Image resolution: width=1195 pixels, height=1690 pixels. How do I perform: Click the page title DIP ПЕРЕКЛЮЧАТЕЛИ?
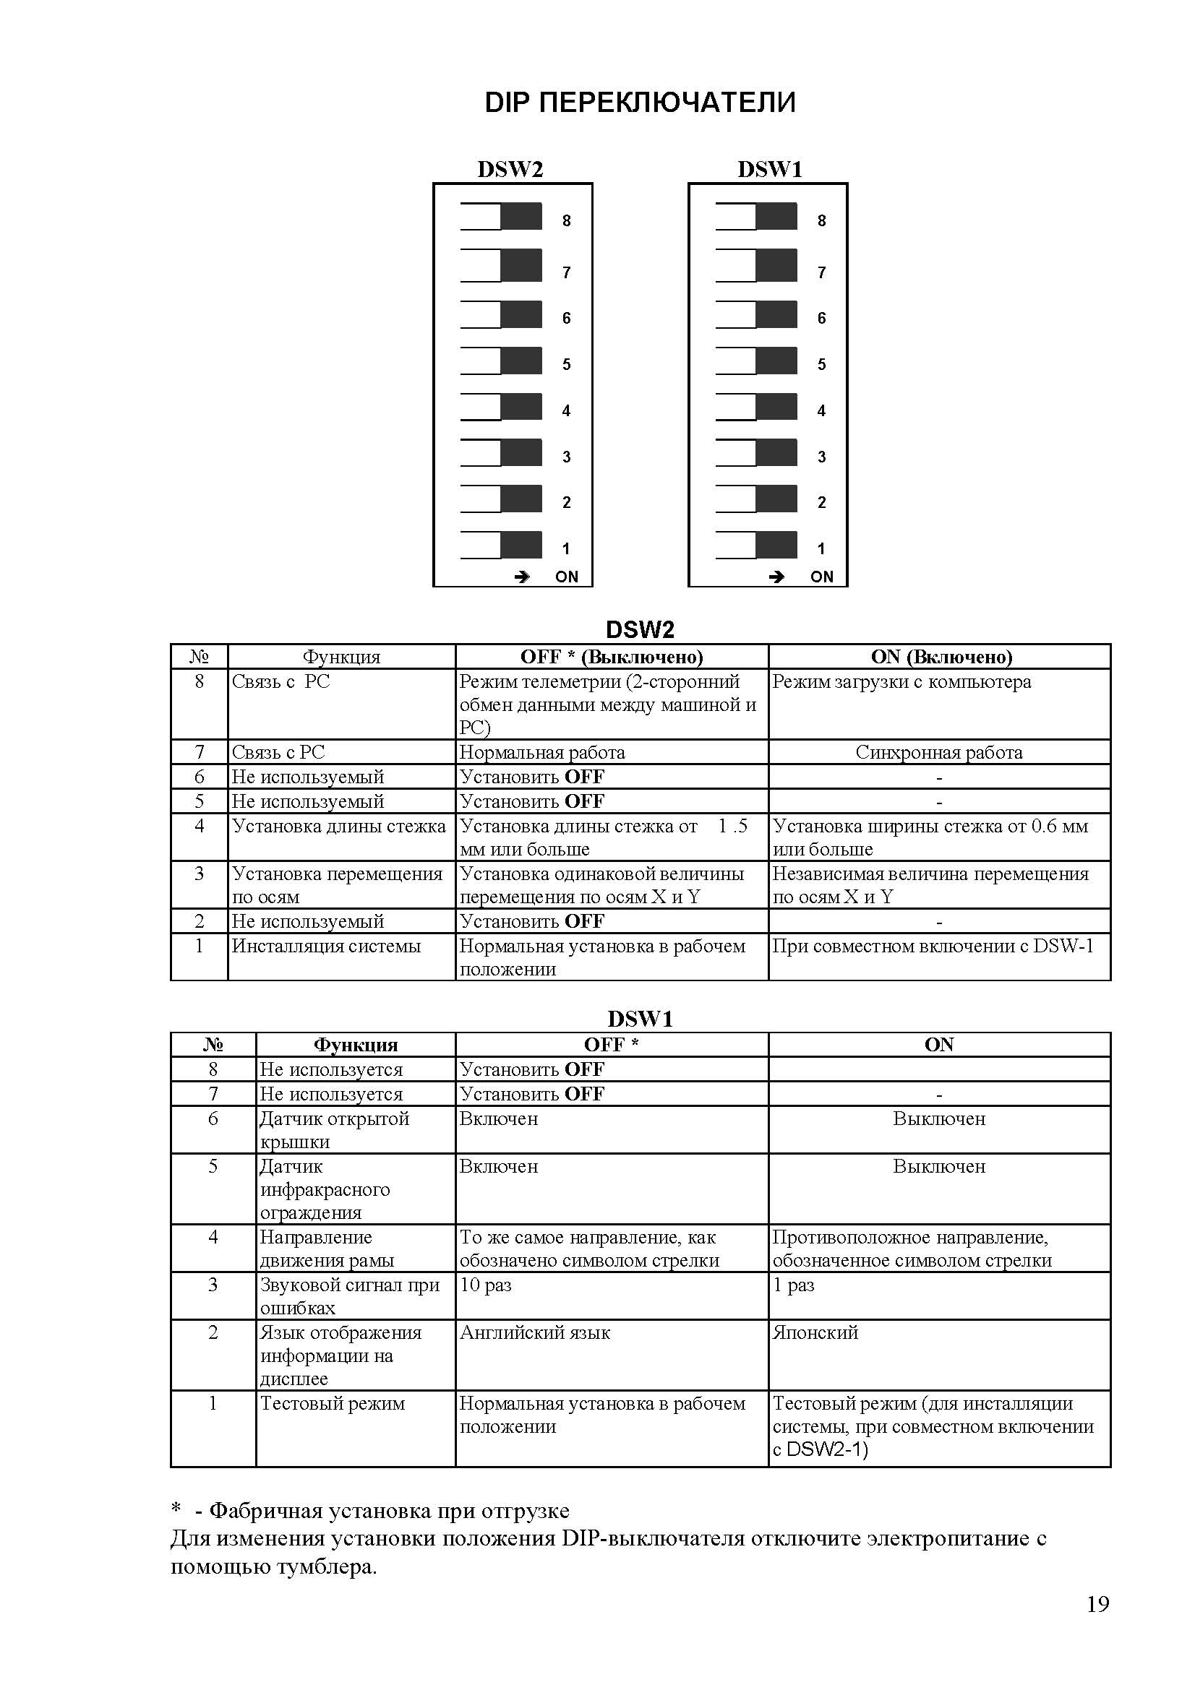[x=639, y=103]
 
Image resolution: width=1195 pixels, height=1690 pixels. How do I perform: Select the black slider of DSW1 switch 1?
[x=776, y=545]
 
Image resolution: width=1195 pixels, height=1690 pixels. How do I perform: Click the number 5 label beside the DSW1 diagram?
[x=822, y=364]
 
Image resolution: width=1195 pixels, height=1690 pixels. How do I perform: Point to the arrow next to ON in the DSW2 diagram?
[x=521, y=577]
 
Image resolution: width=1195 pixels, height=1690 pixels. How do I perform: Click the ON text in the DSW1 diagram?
[x=822, y=577]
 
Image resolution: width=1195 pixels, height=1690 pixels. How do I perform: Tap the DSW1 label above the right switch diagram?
[x=769, y=169]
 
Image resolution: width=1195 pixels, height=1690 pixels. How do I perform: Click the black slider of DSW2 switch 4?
[x=521, y=406]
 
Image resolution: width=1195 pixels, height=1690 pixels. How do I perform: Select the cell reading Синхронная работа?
[x=939, y=752]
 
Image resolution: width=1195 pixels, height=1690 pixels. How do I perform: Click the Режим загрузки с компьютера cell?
[x=901, y=682]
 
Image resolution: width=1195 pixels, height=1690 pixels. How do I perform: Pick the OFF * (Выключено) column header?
[x=611, y=657]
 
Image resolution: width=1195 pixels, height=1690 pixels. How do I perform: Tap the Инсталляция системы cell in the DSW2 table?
[x=326, y=947]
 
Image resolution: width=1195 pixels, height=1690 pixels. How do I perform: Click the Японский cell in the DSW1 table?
[x=815, y=1333]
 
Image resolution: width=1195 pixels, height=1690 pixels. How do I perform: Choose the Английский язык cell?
[x=534, y=1333]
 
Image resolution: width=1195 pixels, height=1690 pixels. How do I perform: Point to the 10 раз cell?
[x=485, y=1285]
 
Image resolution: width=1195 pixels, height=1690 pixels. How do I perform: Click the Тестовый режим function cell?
[x=332, y=1404]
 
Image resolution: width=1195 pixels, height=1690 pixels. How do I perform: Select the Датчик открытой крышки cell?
[x=334, y=1130]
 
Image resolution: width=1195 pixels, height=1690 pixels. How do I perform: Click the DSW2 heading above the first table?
[x=639, y=630]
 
